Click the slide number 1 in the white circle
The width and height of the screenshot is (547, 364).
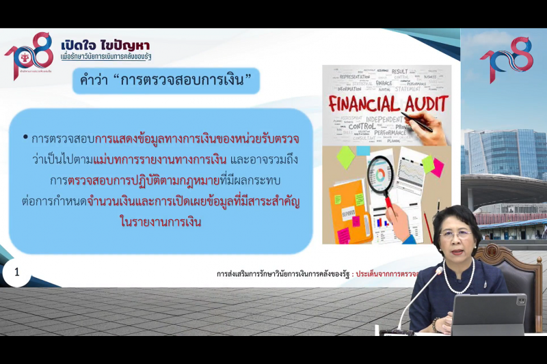pos(17,275)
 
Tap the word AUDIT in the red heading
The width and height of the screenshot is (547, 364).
pos(424,104)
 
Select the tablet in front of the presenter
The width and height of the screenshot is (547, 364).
pos(490,315)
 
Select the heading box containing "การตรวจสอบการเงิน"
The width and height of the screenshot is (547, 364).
pos(167,82)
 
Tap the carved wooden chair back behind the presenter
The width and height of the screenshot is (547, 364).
pos(505,260)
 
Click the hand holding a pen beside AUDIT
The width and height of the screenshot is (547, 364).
pos(422,124)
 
